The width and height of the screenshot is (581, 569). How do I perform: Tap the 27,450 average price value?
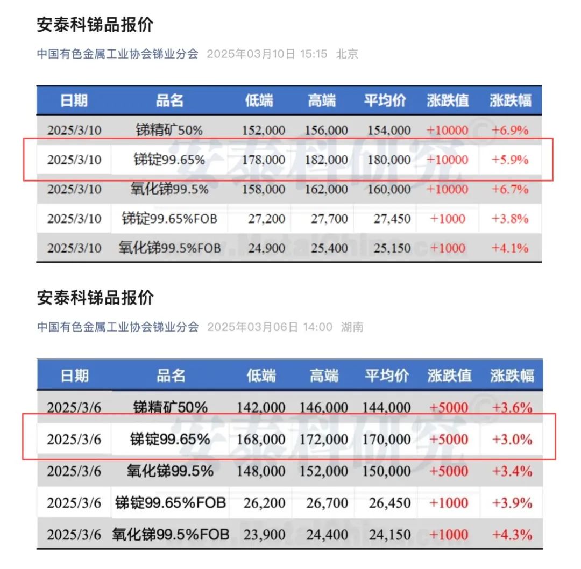(x=390, y=219)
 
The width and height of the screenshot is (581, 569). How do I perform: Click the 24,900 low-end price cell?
(x=264, y=248)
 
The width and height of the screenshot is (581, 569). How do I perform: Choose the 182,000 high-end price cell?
(x=326, y=160)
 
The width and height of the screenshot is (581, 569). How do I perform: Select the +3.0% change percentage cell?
(x=512, y=439)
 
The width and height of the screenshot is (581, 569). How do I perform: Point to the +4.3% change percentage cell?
(x=512, y=535)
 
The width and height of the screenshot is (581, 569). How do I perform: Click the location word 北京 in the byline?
(x=347, y=54)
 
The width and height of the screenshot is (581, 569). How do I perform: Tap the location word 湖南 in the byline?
(x=352, y=327)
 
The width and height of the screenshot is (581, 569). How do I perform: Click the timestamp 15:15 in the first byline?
(x=314, y=54)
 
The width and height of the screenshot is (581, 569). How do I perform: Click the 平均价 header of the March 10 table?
(x=385, y=100)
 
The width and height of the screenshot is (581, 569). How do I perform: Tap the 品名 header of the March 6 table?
(x=171, y=375)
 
